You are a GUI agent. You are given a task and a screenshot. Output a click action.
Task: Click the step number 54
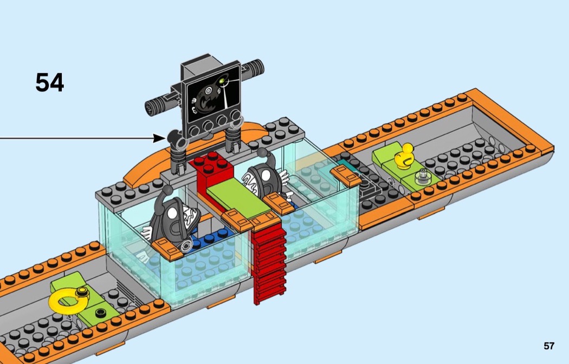[50, 82]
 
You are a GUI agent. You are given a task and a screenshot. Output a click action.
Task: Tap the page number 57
[549, 346]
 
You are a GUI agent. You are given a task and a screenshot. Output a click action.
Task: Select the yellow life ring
[68, 300]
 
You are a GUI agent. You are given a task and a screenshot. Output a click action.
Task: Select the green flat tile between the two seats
[238, 198]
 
